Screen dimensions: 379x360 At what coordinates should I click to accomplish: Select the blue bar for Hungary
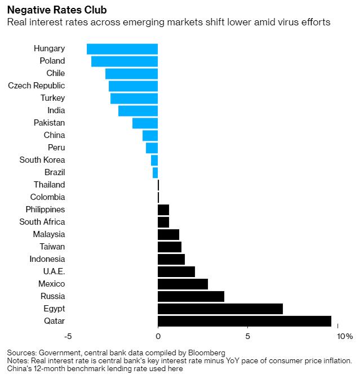(x=122, y=49)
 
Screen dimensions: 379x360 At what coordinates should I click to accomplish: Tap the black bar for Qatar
(x=245, y=321)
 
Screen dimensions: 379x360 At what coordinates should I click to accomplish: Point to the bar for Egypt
(x=220, y=309)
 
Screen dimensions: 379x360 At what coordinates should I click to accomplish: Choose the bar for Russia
(x=191, y=296)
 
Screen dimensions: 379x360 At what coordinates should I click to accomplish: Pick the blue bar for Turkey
(x=134, y=99)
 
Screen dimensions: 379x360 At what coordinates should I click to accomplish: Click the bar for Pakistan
(x=145, y=123)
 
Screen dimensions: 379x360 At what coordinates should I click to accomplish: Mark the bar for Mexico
(x=183, y=284)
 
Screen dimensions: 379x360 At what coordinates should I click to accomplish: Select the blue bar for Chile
(x=131, y=74)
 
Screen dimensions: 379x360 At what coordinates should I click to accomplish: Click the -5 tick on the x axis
(x=68, y=336)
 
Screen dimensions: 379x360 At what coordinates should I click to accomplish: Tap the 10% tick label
(x=345, y=336)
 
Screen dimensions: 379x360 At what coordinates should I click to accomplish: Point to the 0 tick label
(x=158, y=336)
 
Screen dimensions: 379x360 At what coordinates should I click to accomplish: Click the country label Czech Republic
(x=37, y=86)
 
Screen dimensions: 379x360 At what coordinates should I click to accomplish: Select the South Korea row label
(x=42, y=160)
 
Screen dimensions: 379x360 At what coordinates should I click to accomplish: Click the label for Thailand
(x=49, y=185)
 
